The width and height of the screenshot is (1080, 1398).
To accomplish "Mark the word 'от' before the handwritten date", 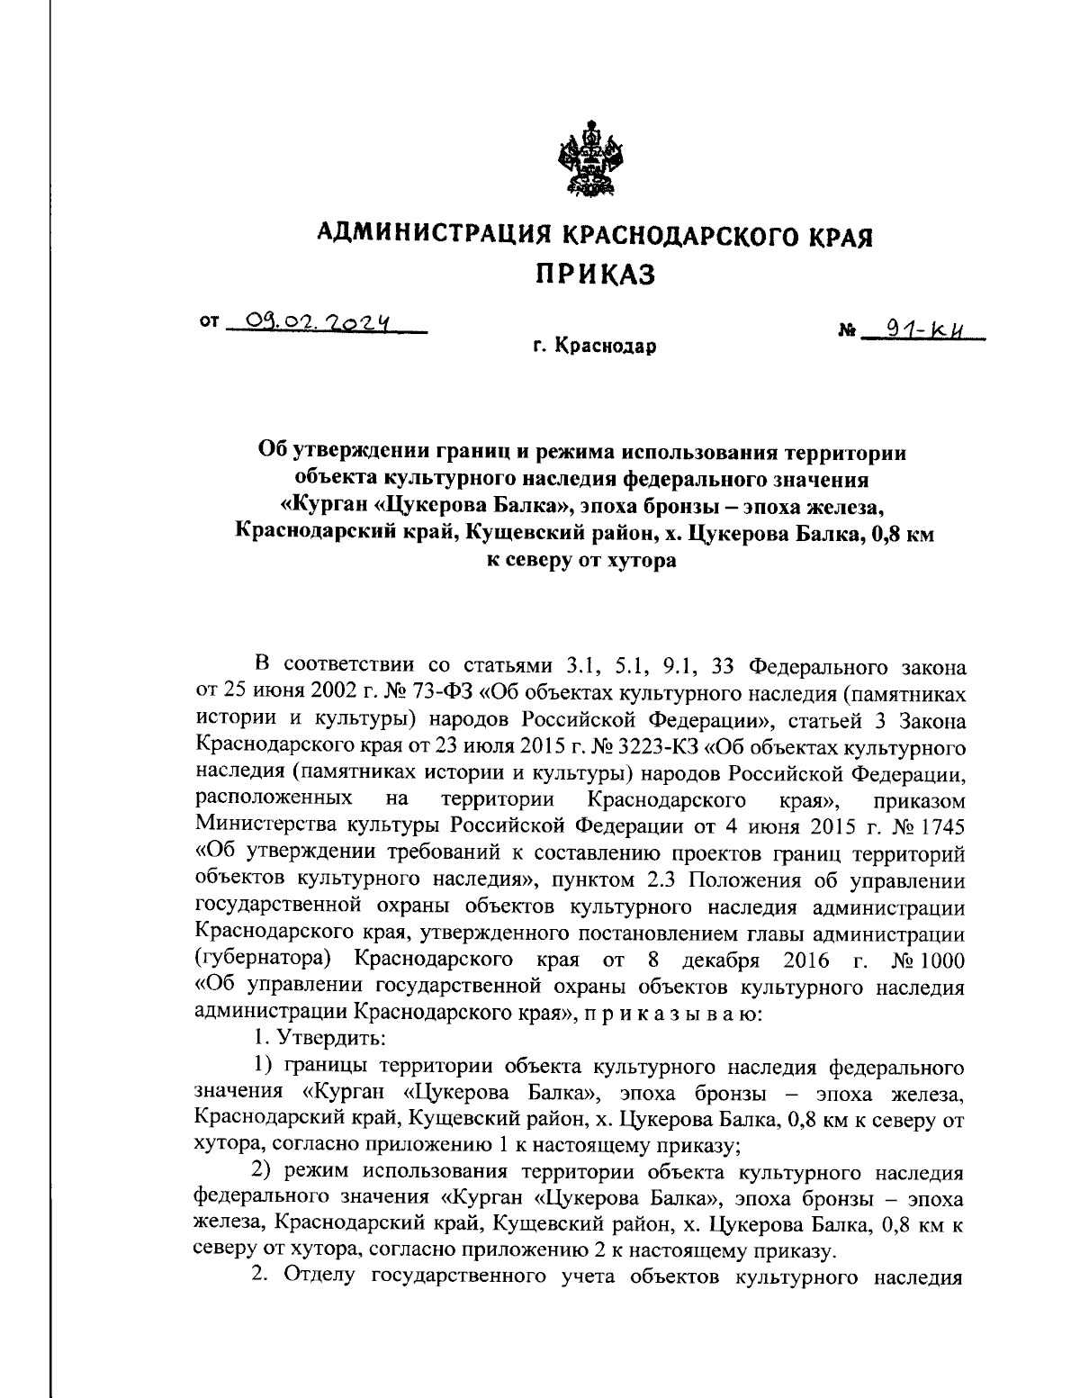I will [209, 319].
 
